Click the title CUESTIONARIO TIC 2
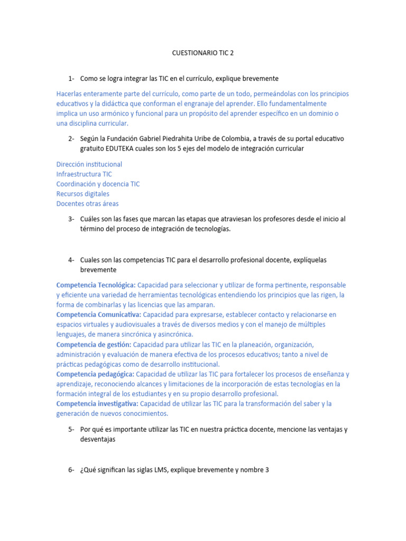[203, 53]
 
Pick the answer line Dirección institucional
[89, 164]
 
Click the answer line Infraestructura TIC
[84, 174]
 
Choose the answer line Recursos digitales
[83, 194]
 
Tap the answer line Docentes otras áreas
[88, 203]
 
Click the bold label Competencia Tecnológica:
[96, 285]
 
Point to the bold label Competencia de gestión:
[93, 344]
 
